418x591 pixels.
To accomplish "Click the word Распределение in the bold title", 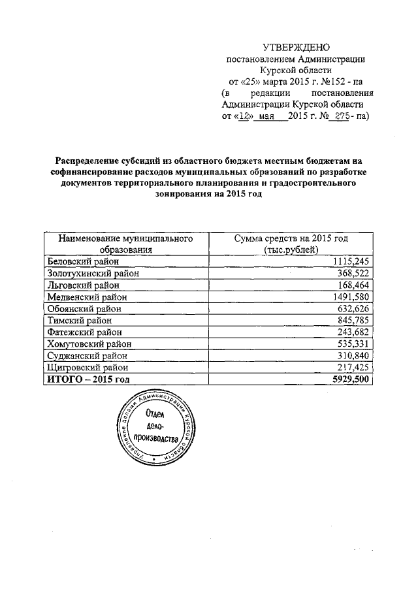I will coord(87,161).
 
